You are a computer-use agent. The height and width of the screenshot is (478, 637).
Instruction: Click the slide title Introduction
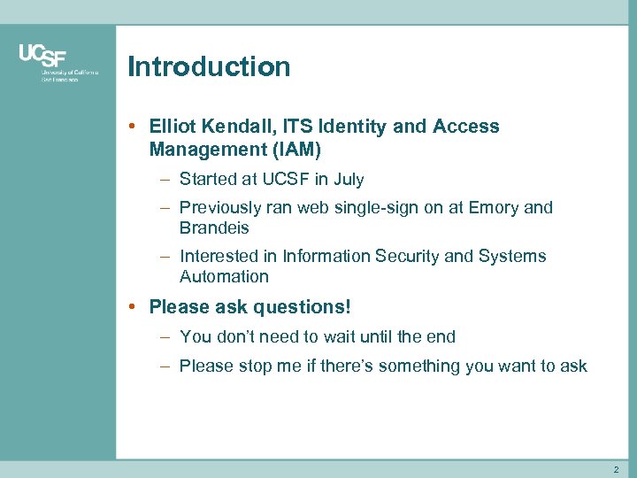point(209,67)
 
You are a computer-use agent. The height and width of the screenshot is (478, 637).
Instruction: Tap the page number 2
point(617,469)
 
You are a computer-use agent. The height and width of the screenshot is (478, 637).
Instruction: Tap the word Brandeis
point(214,228)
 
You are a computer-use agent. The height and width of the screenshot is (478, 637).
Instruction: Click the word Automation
point(224,277)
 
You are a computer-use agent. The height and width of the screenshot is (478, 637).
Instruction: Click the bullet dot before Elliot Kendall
point(131,127)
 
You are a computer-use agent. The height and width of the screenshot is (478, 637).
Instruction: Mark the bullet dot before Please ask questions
point(131,307)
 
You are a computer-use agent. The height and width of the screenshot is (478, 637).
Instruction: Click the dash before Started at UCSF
point(165,180)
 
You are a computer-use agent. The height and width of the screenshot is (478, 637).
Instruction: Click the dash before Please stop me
point(165,366)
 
